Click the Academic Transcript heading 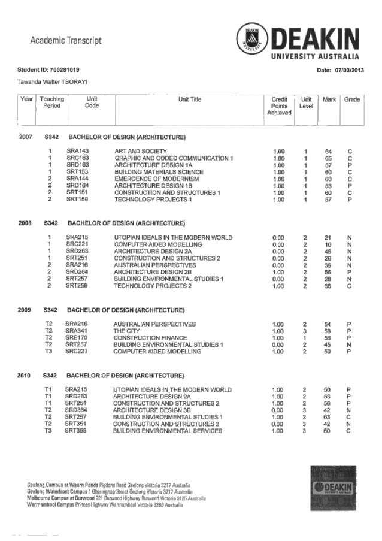tap(65, 41)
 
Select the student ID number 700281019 tap(62, 71)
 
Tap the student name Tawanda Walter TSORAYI tap(51, 82)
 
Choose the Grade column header tap(352, 99)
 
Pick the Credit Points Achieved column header tap(279, 106)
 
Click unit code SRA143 tap(78, 151)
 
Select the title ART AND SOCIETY tap(141, 151)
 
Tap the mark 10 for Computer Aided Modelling tap(328, 245)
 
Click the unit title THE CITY tap(126, 331)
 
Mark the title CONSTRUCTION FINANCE tap(150, 338)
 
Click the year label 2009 tap(25, 310)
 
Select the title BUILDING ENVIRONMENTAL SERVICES tap(168, 431)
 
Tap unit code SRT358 tap(77, 431)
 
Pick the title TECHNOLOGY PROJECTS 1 tap(153, 200)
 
